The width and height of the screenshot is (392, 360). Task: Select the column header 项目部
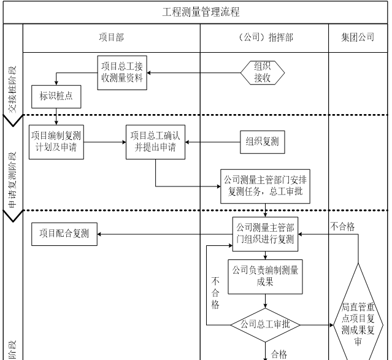point(111,37)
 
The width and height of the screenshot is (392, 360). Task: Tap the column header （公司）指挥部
point(264,37)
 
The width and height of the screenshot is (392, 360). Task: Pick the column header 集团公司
point(358,37)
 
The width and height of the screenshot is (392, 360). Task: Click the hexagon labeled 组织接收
point(262,72)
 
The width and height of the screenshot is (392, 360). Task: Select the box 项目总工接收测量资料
point(121,72)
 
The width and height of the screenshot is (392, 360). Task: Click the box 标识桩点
point(56,96)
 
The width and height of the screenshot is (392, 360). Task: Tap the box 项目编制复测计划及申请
point(56,142)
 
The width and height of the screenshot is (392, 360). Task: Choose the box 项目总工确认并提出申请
point(155,142)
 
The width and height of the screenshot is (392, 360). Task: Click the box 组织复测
point(262,142)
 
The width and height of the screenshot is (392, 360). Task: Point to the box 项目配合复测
point(64,234)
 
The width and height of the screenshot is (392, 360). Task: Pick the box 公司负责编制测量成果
point(264,277)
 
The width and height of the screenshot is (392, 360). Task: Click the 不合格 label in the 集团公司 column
point(342,227)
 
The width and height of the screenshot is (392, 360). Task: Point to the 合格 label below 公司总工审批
point(279,354)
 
